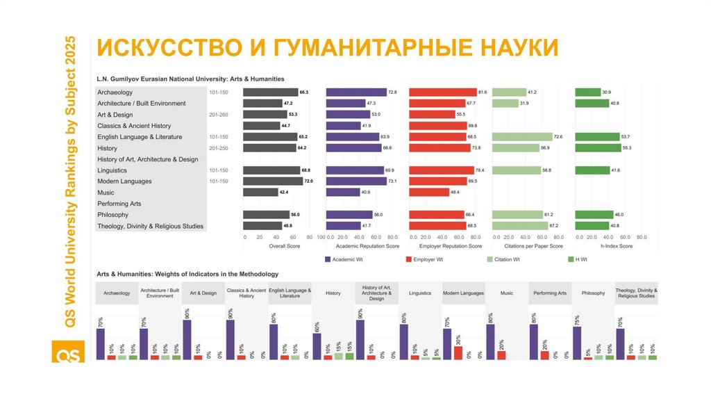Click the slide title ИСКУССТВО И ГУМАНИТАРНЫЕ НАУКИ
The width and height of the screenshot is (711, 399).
327,48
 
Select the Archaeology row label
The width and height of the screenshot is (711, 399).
115,92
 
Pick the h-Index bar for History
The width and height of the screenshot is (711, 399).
598,148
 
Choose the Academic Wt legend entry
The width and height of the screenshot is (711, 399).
343,259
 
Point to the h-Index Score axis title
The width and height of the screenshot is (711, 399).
616,246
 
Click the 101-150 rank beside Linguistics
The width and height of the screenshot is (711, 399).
219,170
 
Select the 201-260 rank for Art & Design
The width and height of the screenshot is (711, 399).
219,115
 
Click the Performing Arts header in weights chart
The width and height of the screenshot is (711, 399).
550,293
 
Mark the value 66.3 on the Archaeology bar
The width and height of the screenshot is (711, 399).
303,92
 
